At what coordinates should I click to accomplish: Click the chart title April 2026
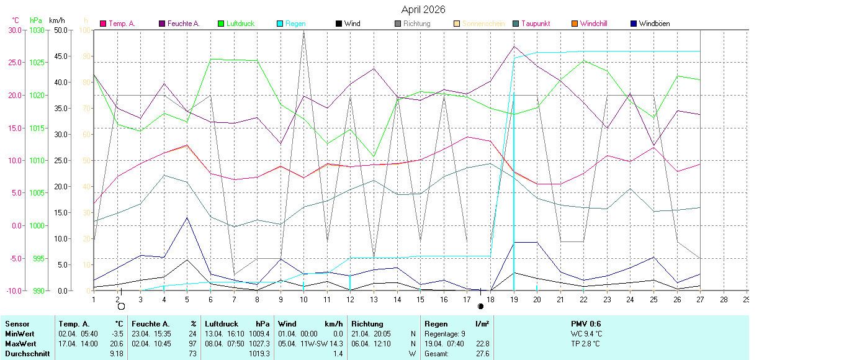pyautogui.click(x=423, y=9)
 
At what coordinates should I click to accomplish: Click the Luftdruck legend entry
pyautogui.click(x=240, y=24)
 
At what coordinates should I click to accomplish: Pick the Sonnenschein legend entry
pyautogui.click(x=483, y=24)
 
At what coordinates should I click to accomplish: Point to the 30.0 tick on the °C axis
pyautogui.click(x=14, y=30)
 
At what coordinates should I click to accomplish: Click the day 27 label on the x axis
pyautogui.click(x=700, y=299)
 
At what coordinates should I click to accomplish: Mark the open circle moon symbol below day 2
pyautogui.click(x=121, y=307)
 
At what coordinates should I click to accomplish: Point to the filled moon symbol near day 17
pyautogui.click(x=480, y=307)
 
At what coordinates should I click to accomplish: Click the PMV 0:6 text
pyautogui.click(x=586, y=324)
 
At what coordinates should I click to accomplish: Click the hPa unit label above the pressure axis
pyautogui.click(x=36, y=20)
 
